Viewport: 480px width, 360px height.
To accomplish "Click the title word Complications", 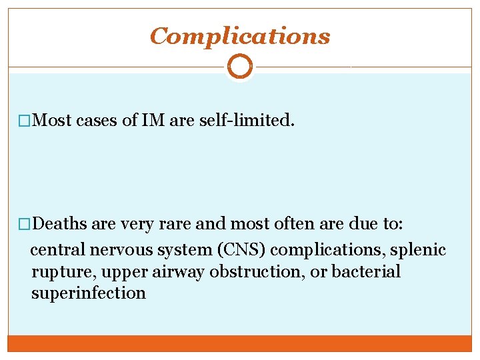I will (240, 36).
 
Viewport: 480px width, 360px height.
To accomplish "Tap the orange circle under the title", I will (240, 67).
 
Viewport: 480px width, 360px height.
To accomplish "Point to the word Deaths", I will (59, 225).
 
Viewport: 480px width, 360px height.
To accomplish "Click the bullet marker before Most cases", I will (25, 121).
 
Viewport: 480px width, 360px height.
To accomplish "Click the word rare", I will (175, 225).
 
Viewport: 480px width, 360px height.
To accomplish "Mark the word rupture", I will (56, 272).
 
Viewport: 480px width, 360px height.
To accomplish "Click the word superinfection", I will (88, 293).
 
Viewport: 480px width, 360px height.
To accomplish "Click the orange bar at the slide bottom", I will (240, 343).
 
